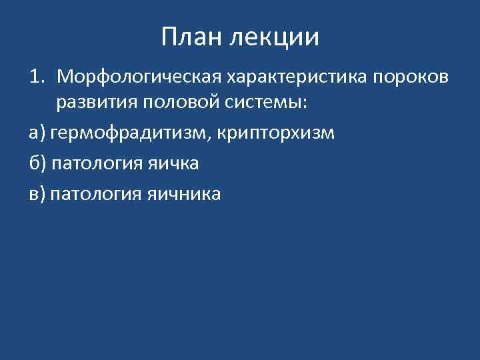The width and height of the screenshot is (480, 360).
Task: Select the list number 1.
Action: [35, 77]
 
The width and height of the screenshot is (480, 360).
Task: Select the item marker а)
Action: [36, 133]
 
